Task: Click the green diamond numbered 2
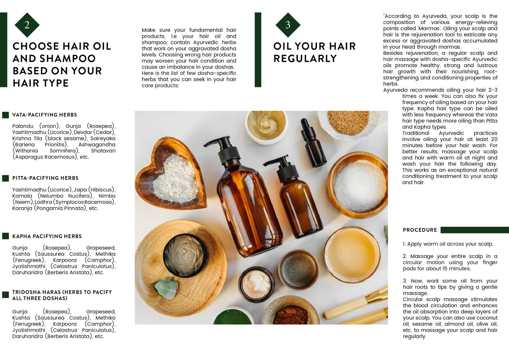click(x=27, y=25)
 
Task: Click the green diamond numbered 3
click(x=288, y=25)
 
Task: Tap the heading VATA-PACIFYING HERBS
click(x=45, y=115)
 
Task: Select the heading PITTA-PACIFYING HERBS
click(x=45, y=178)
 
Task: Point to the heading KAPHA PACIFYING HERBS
click(x=47, y=236)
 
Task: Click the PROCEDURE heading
click(x=420, y=230)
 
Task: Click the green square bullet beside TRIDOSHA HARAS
click(x=6, y=295)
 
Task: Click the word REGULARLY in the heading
click(x=305, y=59)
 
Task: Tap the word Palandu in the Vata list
click(x=23, y=126)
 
